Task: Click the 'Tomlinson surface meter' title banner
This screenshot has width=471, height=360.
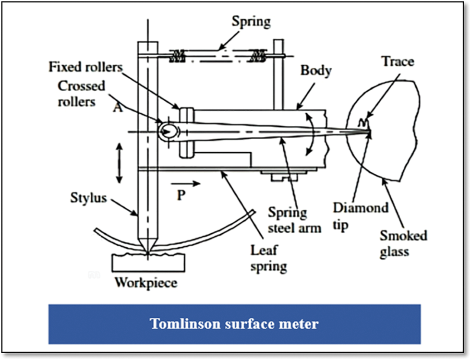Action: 234,324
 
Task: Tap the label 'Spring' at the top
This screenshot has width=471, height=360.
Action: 251,22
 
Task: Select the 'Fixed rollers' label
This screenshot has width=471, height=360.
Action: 85,66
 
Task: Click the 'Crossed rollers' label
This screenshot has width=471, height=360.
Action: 82,94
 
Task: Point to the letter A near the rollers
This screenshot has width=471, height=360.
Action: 117,108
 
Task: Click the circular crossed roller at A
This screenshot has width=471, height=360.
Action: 168,130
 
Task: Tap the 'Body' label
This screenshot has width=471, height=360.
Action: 315,71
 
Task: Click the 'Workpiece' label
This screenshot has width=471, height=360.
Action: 145,282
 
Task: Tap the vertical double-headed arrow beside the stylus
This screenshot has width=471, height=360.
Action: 119,163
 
